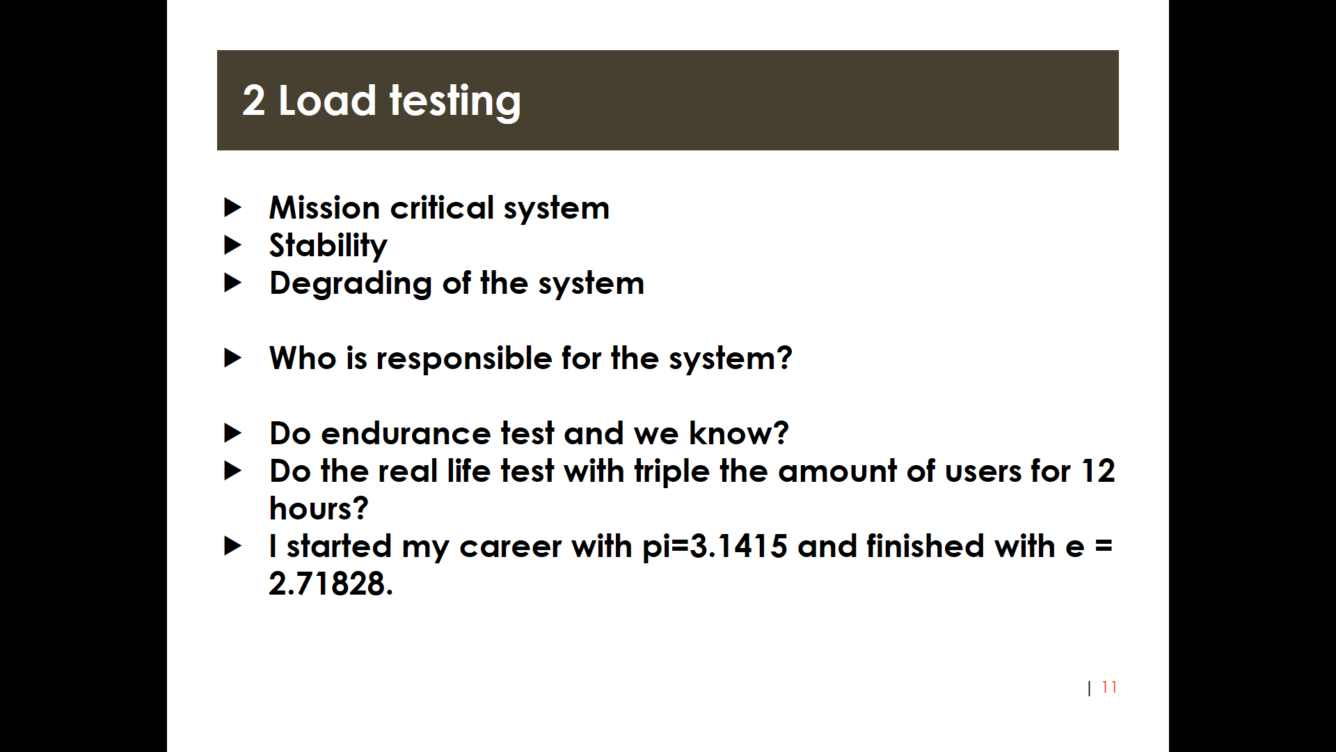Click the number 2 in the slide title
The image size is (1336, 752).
coord(254,100)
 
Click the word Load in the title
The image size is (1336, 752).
coord(327,100)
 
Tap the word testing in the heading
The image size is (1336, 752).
coord(455,102)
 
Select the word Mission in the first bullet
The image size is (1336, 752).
coord(324,207)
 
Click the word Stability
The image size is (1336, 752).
coord(328,246)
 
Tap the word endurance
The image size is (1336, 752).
coord(406,433)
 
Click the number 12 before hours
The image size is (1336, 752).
coord(1098,471)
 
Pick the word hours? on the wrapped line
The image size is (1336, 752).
coord(319,508)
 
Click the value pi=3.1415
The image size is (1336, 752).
coord(715,547)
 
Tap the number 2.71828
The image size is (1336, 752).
coord(331,583)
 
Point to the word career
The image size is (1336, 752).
coord(510,547)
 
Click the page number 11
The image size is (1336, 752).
coord(1109,687)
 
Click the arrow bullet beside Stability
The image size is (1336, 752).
coord(233,245)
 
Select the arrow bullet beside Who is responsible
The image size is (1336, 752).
coord(233,358)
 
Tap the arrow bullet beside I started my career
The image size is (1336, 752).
coord(233,546)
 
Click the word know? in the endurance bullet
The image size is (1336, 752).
coord(738,433)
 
